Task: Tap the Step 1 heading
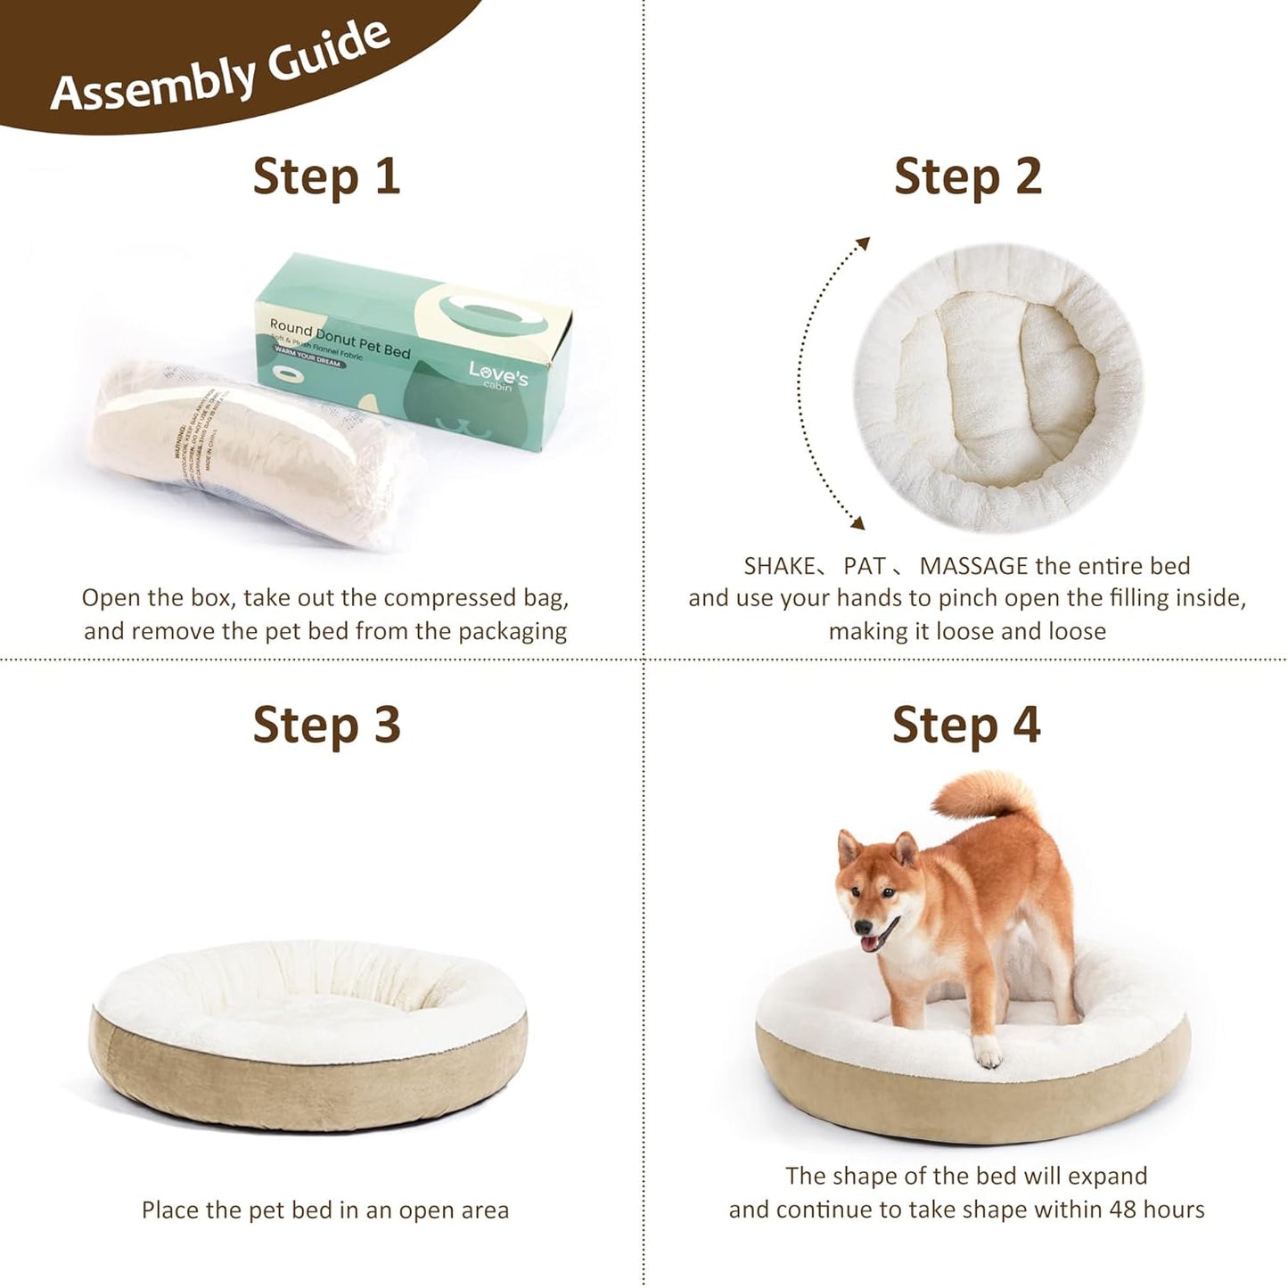pyautogui.click(x=326, y=176)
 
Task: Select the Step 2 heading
pyautogui.click(x=967, y=176)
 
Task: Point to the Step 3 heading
pyautogui.click(x=326, y=724)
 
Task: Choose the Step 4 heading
pyautogui.click(x=966, y=724)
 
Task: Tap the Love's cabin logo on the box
pyautogui.click(x=497, y=375)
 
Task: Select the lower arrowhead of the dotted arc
pyautogui.click(x=857, y=523)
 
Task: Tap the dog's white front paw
pyautogui.click(x=988, y=1054)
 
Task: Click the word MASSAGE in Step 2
pyautogui.click(x=973, y=566)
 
